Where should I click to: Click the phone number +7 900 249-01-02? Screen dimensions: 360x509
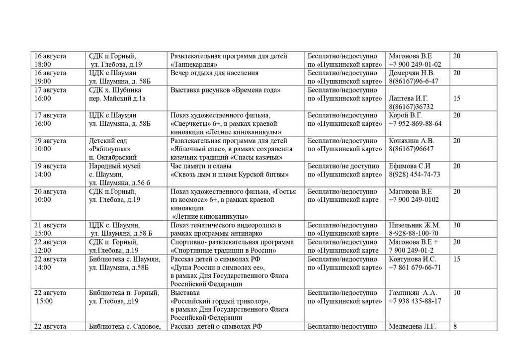coord(415,65)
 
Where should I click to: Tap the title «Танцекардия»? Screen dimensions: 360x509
coord(195,65)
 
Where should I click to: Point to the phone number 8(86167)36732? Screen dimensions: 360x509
coord(411,107)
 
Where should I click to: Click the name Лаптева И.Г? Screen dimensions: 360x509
coord(408,98)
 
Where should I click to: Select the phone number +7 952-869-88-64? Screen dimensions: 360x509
coord(415,124)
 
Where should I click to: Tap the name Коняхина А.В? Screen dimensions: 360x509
coord(411,141)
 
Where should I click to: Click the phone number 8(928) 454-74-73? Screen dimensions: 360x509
coord(414,175)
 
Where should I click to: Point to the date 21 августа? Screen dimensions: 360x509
coord(50,225)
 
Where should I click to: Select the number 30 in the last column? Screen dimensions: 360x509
coord(456,225)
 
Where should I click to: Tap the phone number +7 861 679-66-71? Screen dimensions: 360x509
coord(415,268)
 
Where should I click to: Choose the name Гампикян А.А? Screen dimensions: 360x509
coord(412,293)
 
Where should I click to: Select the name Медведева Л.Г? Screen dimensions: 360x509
coord(412,327)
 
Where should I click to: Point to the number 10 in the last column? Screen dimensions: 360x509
coord(456,293)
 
